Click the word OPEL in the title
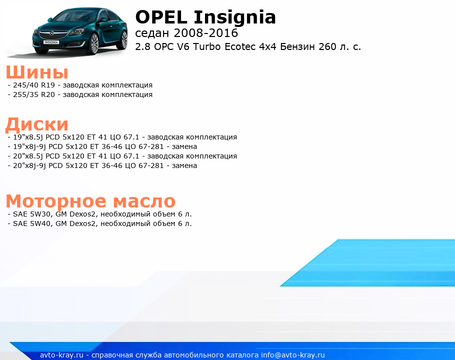(x=161, y=17)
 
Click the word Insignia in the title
(x=234, y=18)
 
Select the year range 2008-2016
(x=205, y=33)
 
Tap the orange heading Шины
(x=37, y=72)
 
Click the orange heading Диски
(x=37, y=124)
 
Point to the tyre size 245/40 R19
(x=34, y=85)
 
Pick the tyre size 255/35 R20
(x=34, y=95)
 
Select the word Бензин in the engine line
(x=297, y=46)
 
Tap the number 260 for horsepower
(x=327, y=46)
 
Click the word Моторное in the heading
(x=56, y=201)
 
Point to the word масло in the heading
(x=144, y=201)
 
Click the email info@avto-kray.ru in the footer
(x=292, y=355)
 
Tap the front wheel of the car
(x=94, y=44)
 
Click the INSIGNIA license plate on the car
(x=51, y=42)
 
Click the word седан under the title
(x=152, y=33)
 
